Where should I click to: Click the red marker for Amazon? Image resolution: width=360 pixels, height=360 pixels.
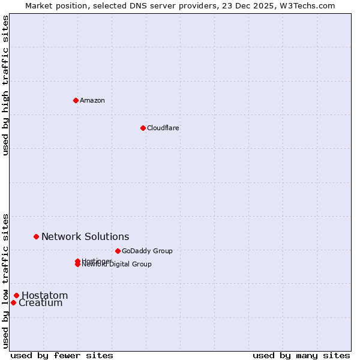pos(76,100)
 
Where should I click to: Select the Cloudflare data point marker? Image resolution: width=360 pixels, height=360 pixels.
pos(143,128)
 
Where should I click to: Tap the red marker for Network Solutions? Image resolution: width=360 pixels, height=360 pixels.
pos(36,237)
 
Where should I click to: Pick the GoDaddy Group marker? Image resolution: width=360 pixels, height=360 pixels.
pos(118,251)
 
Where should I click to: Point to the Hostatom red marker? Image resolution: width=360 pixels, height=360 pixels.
pos(16,295)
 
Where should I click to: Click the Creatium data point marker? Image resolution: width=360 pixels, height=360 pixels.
pos(13,302)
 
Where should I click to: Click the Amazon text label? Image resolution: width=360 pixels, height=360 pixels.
pos(92,100)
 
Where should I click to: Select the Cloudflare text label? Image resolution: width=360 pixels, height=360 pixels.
pos(163,128)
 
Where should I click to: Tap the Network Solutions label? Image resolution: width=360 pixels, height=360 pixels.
pos(85,237)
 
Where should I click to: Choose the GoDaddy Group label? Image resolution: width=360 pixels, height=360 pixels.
pos(147,251)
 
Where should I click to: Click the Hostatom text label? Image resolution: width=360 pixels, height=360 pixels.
pos(45,295)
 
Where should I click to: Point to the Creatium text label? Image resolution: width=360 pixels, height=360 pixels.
pos(41,303)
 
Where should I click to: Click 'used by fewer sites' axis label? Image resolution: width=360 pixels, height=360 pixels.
pos(62,355)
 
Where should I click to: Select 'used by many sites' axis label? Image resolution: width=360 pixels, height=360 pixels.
pos(301,355)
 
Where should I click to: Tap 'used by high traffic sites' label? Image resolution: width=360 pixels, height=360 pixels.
pos(6,85)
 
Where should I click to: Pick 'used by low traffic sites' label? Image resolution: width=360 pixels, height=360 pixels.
pos(6,280)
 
